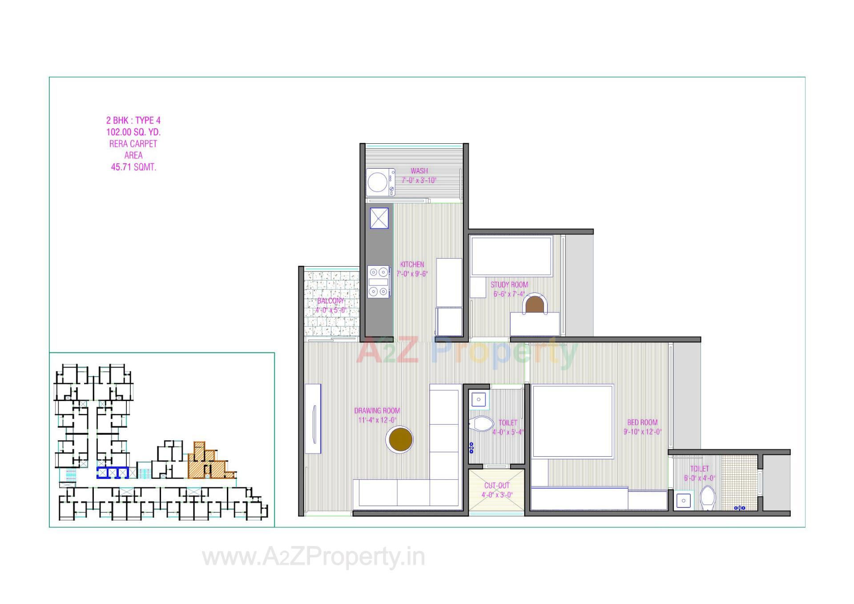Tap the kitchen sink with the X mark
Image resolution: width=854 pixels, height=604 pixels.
click(379, 218)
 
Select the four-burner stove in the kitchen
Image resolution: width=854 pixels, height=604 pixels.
click(379, 281)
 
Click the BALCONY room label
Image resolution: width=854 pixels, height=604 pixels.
click(330, 301)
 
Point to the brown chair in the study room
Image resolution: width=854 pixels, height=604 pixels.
click(533, 304)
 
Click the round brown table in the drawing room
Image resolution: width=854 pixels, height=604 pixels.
click(400, 439)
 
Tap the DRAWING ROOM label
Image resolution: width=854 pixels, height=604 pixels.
click(377, 410)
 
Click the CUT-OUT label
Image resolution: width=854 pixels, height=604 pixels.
click(497, 486)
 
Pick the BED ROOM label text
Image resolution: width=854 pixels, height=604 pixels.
click(642, 422)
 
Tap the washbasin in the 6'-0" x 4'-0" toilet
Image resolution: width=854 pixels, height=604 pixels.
click(684, 501)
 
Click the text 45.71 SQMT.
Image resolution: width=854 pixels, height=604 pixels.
click(133, 167)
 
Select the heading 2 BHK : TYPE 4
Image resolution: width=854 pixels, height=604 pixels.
click(133, 120)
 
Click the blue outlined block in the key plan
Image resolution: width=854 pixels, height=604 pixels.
click(113, 472)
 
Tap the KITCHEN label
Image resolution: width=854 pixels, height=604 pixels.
click(412, 264)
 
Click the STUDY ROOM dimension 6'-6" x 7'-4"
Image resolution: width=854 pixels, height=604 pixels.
click(509, 294)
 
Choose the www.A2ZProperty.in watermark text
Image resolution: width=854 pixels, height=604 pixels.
click(314, 557)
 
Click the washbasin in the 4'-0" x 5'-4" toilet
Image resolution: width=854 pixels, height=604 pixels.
click(478, 399)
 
